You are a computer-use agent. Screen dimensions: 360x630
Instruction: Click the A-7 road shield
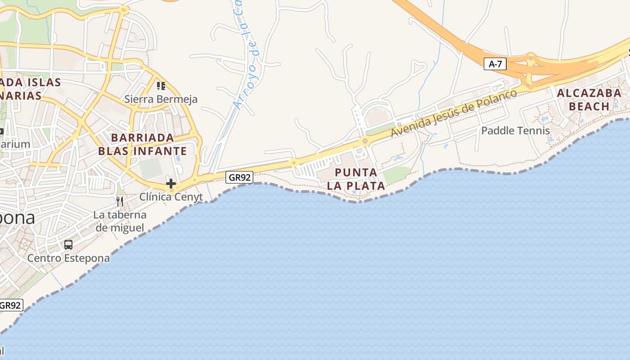(x=495, y=64)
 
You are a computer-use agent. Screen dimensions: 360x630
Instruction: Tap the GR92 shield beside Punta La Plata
(x=239, y=177)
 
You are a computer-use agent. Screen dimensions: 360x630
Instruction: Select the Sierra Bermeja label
(x=161, y=99)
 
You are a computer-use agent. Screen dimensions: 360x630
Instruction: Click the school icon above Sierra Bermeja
(x=161, y=85)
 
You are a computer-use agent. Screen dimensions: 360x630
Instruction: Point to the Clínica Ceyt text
(x=171, y=197)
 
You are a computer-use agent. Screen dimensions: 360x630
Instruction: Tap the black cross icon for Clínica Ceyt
(x=171, y=184)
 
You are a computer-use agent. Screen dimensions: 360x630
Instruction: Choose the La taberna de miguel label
(x=120, y=221)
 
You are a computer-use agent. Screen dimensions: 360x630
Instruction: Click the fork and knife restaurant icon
(x=120, y=201)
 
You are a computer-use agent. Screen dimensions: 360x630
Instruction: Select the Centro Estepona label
(x=68, y=258)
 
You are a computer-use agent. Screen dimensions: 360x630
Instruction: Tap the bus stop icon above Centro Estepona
(x=68, y=245)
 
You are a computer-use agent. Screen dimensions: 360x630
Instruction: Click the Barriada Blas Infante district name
(x=142, y=144)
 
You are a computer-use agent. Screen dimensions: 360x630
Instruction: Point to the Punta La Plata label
(x=356, y=179)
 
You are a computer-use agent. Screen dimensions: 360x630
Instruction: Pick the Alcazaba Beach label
(x=589, y=99)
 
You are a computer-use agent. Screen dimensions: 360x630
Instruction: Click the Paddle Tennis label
(x=516, y=130)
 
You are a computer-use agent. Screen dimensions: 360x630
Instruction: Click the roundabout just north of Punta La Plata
(x=365, y=141)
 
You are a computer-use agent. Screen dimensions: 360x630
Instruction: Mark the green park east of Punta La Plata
(x=397, y=175)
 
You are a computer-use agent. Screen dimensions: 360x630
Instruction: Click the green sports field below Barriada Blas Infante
(x=150, y=168)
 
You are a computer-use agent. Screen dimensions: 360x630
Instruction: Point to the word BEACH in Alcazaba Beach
(x=589, y=106)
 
